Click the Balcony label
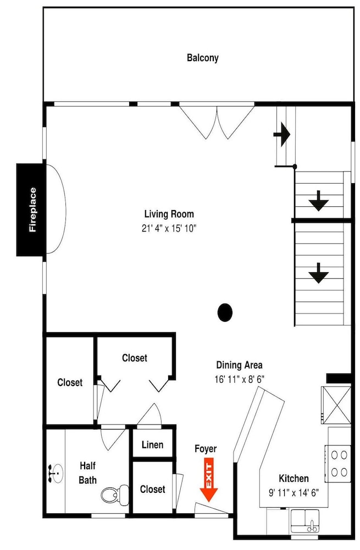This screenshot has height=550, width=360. point(203,58)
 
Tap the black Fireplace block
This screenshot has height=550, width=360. point(31,210)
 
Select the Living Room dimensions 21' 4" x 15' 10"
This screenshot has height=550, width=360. point(169,229)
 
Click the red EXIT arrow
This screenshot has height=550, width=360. point(209,482)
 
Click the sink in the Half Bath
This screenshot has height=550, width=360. point(56,473)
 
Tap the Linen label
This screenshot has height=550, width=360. point(152,445)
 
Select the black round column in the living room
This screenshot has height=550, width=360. point(225,312)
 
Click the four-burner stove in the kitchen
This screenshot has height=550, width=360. point(338,463)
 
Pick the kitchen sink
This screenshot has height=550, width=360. point(305,520)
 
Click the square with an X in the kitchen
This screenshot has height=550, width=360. point(336,405)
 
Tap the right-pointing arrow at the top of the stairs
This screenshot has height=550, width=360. point(282,134)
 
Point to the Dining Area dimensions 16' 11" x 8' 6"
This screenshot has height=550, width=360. point(240,380)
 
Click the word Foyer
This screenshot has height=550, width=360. point(206,449)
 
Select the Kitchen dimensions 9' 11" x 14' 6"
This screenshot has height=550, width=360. point(293,493)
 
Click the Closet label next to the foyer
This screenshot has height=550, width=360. point(152,490)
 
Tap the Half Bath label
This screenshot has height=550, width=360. point(87,473)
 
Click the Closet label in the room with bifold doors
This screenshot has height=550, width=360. point(135,358)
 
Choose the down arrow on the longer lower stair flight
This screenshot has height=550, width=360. point(319,273)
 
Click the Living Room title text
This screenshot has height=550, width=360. point(169,214)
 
